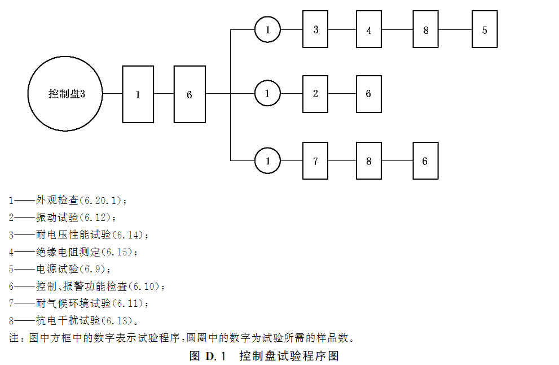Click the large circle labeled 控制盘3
[66, 94]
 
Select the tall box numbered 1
[138, 94]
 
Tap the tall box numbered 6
[190, 94]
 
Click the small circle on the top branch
[268, 29]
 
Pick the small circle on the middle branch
[268, 94]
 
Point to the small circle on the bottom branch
[268, 161]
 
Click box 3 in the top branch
[316, 29]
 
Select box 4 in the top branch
[369, 29]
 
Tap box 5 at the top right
[485, 29]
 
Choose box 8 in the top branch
[426, 29]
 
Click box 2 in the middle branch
[316, 94]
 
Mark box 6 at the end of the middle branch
[369, 94]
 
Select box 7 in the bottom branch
[316, 161]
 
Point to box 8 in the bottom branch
[369, 161]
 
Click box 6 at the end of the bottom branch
[425, 161]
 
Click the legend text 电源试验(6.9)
[73, 269]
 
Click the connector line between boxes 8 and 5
[456, 29]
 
